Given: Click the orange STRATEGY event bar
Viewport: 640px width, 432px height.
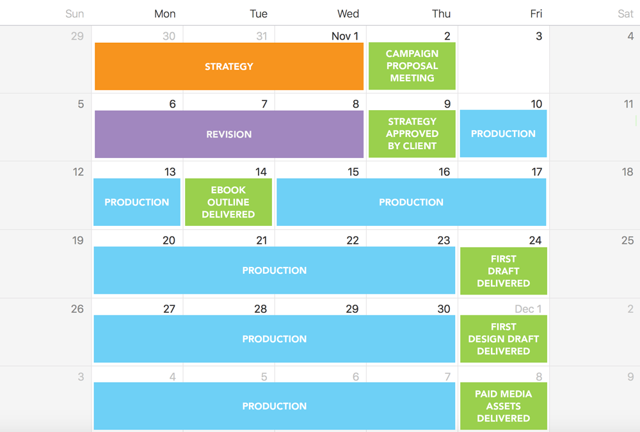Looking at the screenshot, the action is [x=229, y=66].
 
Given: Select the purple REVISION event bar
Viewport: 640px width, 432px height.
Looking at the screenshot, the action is [x=229, y=134].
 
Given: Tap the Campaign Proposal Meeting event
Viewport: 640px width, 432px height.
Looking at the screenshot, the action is [x=412, y=66].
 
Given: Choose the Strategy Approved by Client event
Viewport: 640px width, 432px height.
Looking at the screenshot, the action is [x=412, y=134].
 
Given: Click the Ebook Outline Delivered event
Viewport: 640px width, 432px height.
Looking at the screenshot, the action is [x=228, y=202].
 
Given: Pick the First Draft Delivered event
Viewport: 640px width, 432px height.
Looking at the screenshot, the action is [x=503, y=271].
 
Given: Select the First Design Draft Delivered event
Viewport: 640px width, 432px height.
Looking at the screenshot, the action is [x=503, y=339].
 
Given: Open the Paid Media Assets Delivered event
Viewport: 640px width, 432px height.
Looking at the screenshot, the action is [x=503, y=406].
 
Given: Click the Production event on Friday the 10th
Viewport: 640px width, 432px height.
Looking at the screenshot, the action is [x=503, y=134].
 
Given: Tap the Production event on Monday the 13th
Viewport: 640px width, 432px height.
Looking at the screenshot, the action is [x=137, y=202].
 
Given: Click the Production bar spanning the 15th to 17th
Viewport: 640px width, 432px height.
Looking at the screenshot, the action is [x=412, y=202].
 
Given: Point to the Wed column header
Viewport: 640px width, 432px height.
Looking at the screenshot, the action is [x=348, y=14].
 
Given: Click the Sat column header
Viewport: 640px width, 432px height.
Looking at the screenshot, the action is [x=625, y=14].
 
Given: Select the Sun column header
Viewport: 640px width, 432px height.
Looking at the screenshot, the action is [x=75, y=14].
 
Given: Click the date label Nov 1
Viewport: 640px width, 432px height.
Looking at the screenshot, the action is [x=345, y=36].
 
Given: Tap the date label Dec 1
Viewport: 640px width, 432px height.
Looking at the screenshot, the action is [x=528, y=308].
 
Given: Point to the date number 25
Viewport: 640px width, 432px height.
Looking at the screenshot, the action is [x=627, y=240].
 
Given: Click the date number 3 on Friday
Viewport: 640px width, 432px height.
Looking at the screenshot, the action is [x=539, y=36].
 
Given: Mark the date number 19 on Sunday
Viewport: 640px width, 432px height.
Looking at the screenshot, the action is [x=78, y=240].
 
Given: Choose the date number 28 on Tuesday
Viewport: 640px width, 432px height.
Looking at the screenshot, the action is [x=260, y=308].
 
